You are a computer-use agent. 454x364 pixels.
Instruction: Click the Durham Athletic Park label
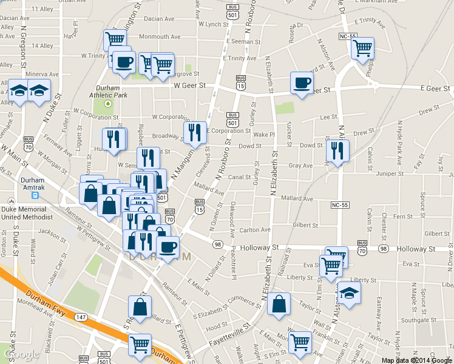pos(108,91)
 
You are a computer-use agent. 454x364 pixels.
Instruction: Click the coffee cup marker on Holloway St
pos(168,246)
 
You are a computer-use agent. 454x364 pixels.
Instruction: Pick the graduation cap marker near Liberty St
pos(349,294)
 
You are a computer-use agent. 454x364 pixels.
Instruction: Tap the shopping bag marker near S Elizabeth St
pos(279,305)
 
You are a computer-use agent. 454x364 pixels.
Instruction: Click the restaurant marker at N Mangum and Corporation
pos(195,132)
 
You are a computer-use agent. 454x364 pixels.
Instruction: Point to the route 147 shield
pos(80,317)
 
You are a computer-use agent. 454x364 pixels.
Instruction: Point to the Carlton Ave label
pos(255,230)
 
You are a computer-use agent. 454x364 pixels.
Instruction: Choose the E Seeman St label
pos(243,42)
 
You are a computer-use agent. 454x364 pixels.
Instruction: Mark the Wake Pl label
pos(264,134)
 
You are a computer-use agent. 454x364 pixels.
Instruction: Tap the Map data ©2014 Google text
pos(416,360)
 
